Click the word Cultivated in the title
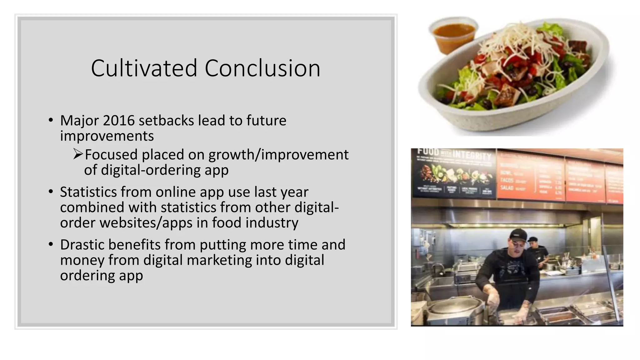click(144, 68)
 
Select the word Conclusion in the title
click(262, 68)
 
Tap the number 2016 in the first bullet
click(119, 121)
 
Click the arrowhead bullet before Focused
click(78, 154)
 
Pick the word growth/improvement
click(278, 155)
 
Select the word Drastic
click(82, 245)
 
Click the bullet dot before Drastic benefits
click(51, 245)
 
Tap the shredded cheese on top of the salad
click(512, 44)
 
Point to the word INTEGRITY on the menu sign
click(472, 155)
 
